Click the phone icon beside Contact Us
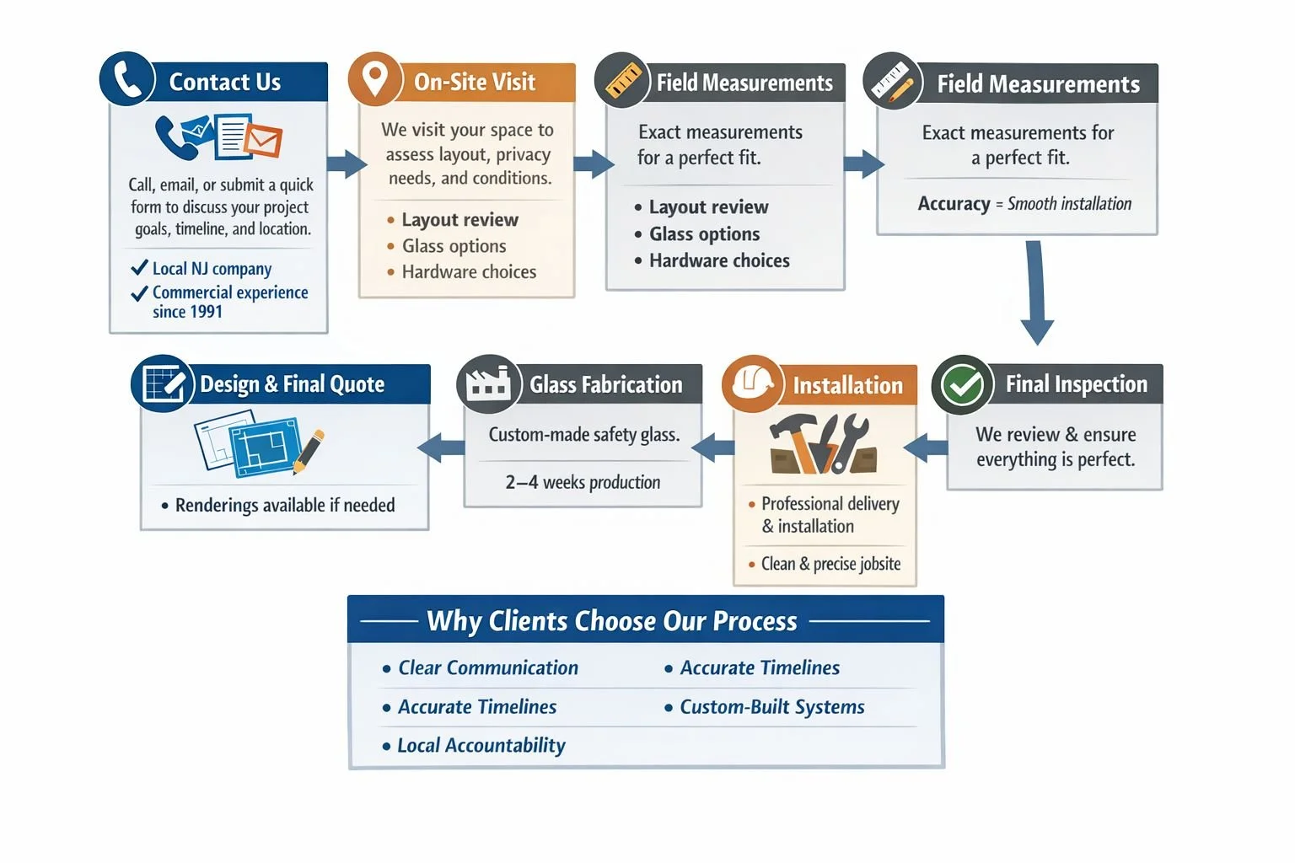pos(127,79)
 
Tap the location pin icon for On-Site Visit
pos(375,79)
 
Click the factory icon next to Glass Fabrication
pos(488,383)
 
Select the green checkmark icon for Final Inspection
pos(963,384)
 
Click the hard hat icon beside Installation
pos(752,383)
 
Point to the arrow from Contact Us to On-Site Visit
pos(347,163)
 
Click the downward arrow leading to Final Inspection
pos(1036,292)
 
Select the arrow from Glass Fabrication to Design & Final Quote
pos(441,448)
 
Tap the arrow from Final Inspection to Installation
pos(925,448)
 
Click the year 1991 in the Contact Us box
pos(205,312)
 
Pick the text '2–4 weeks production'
pos(583,482)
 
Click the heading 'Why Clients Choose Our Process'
pos(611,621)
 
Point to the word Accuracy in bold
pos(954,203)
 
